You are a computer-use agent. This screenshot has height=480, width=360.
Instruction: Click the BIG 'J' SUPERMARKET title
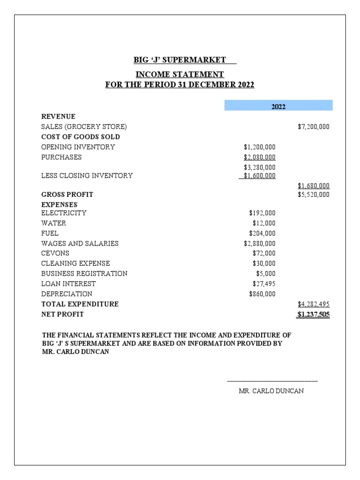(x=180, y=60)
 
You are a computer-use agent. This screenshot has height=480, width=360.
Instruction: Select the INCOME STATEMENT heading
(x=180, y=75)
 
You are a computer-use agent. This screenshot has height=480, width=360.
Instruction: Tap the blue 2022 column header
(x=278, y=106)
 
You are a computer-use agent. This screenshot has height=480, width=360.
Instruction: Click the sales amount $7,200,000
(x=313, y=127)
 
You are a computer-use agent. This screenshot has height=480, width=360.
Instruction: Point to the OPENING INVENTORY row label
(x=78, y=147)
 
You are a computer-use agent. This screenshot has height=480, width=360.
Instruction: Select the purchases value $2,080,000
(x=259, y=157)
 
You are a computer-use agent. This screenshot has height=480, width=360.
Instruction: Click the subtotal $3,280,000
(x=259, y=167)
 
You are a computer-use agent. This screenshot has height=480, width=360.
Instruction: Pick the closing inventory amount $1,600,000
(x=257, y=176)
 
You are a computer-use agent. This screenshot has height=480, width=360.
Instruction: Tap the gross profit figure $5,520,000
(x=313, y=195)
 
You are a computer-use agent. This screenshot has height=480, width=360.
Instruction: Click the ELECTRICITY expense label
(x=64, y=213)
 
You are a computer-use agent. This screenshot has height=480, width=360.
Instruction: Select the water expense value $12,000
(x=264, y=223)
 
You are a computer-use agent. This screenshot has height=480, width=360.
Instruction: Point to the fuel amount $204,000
(x=262, y=233)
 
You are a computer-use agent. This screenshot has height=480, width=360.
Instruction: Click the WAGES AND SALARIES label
(x=80, y=243)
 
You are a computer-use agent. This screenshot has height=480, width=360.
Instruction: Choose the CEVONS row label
(x=55, y=253)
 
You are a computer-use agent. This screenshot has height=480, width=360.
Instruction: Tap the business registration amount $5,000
(x=266, y=273)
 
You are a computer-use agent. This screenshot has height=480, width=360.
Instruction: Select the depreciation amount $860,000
(x=262, y=294)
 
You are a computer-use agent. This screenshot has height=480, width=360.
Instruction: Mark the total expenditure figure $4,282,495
(x=313, y=304)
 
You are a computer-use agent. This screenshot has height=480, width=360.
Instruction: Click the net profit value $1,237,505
(x=313, y=315)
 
